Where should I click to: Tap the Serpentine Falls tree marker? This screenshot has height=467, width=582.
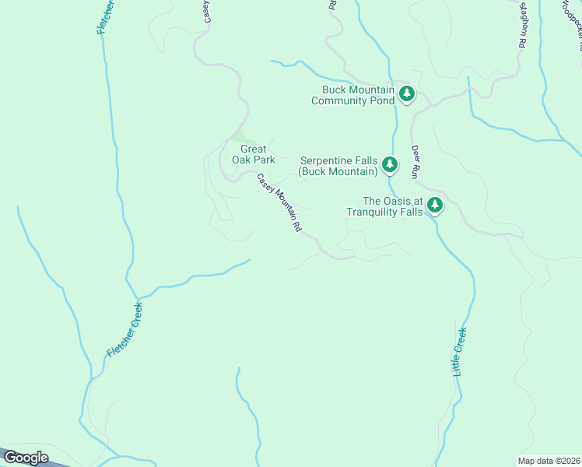[x=390, y=165]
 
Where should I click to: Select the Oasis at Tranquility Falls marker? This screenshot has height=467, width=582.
[x=435, y=205]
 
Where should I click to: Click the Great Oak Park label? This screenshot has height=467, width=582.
[x=253, y=154]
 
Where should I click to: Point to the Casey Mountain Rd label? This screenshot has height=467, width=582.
[x=279, y=204]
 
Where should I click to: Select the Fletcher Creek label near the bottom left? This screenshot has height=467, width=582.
[x=125, y=330]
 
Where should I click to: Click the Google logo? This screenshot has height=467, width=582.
[x=26, y=458]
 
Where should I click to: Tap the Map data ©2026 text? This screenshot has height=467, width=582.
[x=549, y=460]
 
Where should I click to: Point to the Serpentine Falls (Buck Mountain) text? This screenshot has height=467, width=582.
[x=338, y=165]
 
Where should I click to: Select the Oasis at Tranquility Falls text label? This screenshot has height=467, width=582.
[x=384, y=205]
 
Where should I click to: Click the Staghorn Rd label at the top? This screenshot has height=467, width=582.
[x=522, y=25]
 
